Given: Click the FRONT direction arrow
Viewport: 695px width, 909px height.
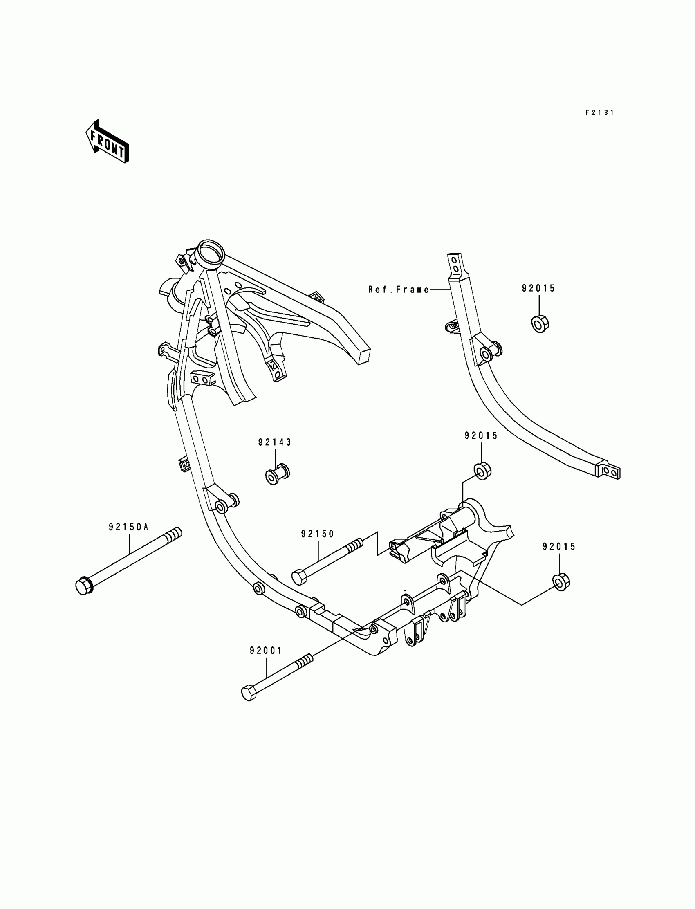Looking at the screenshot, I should [x=107, y=141].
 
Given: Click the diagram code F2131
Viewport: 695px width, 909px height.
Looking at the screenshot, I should [x=599, y=112].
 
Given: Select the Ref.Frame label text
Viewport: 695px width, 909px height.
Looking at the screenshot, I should [x=399, y=290].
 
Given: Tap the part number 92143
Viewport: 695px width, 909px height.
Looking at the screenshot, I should [x=275, y=442].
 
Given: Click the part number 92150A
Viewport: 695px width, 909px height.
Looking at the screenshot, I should [x=129, y=527].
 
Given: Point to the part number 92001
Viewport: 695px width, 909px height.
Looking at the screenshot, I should [x=266, y=651].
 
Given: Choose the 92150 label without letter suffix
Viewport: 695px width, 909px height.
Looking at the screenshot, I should [x=317, y=534].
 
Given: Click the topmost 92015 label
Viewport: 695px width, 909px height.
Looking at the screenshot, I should [x=538, y=288].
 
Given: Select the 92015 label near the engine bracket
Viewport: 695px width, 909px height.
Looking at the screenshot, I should [x=481, y=435].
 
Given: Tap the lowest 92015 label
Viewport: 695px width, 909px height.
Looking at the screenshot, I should [x=559, y=547].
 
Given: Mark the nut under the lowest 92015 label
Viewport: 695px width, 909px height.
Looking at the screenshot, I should [x=561, y=582].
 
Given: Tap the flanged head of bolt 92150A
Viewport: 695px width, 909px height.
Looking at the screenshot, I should [x=84, y=586].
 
